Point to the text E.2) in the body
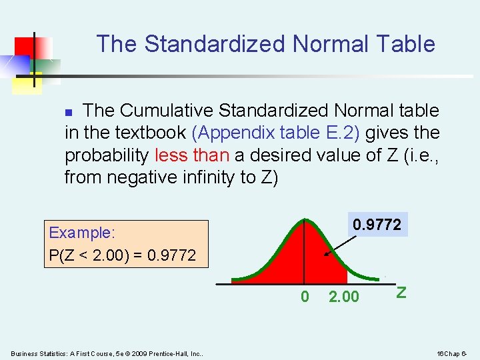click(x=341, y=133)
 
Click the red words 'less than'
click(x=191, y=155)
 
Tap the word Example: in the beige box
click(x=82, y=233)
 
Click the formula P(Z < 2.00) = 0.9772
click(x=122, y=255)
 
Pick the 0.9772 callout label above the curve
click(x=377, y=225)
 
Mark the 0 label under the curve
click(x=305, y=297)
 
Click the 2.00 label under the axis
click(x=344, y=297)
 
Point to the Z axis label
click(x=401, y=292)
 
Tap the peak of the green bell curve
click(x=305, y=221)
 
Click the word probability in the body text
click(x=107, y=155)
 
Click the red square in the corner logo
click(x=27, y=47)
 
